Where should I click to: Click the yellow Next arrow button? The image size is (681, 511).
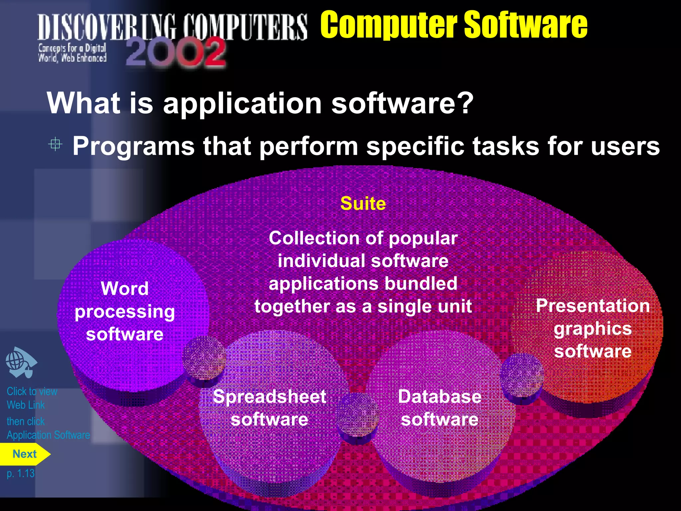point(25,454)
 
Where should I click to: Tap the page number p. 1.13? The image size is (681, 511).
point(21,473)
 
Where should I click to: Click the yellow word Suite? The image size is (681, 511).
point(363,204)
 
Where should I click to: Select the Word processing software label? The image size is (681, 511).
point(125,311)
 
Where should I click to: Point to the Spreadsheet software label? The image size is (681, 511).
point(269,408)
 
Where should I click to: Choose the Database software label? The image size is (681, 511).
point(440,408)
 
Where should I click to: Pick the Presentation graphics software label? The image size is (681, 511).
point(593,328)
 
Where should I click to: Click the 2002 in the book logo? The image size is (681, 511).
point(176,53)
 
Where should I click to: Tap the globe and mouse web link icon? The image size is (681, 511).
point(21,363)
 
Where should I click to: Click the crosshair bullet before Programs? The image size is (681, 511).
point(55,144)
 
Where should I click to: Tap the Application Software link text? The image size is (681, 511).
point(48,435)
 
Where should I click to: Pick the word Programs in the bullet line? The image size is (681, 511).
point(133,146)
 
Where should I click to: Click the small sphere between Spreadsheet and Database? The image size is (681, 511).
point(358,414)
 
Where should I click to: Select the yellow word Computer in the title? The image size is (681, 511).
point(389,25)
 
